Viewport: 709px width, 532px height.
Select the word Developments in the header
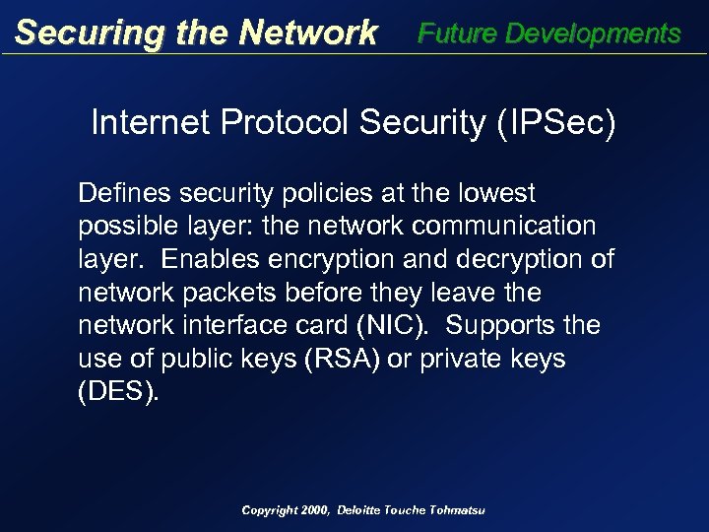pos(593,33)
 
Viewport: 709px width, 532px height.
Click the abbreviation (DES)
pos(117,393)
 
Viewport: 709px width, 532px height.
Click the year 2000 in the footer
pos(313,510)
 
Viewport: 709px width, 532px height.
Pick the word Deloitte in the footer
pos(364,510)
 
